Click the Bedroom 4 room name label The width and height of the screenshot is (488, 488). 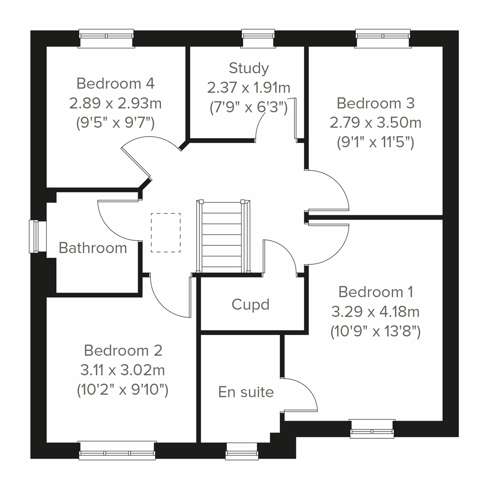tap(115, 83)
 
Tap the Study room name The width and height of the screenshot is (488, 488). tap(248, 68)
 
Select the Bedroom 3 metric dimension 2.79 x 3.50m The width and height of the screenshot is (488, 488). tap(375, 122)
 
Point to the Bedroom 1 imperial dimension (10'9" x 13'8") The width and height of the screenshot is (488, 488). tap(375, 331)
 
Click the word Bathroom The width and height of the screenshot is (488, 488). tap(93, 248)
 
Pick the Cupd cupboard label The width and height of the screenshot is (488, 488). tap(251, 304)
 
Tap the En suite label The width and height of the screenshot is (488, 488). tap(246, 392)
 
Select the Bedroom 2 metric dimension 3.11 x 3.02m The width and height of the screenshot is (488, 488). tap(122, 370)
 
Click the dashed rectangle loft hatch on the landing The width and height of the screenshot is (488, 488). tap(166, 233)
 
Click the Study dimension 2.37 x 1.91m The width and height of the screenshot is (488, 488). tap(248, 87)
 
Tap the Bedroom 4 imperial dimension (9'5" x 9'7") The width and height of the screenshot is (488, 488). tap(115, 122)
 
